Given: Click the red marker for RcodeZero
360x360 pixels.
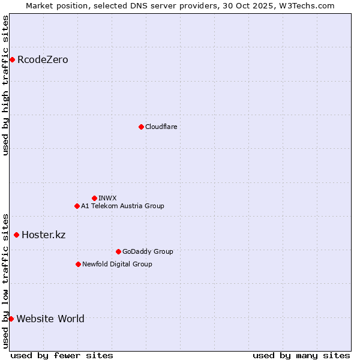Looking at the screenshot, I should [x=12, y=59].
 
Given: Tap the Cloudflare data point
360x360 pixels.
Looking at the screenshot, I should [x=141, y=127].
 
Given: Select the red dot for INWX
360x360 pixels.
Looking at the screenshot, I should [x=94, y=198].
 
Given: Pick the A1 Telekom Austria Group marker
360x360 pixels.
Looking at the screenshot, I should [x=77, y=206].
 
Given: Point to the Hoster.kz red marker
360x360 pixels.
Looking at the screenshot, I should [x=16, y=235].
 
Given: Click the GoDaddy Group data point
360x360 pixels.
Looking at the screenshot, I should [x=118, y=251].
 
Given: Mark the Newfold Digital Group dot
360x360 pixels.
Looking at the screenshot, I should [x=78, y=264].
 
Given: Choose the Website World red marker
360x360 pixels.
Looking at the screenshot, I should [x=11, y=319].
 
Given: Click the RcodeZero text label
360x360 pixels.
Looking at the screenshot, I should [x=43, y=59].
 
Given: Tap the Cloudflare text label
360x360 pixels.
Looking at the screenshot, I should [x=161, y=127].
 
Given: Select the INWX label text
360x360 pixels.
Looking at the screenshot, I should [x=107, y=198].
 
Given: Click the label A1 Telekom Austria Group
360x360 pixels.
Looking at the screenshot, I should [x=122, y=206].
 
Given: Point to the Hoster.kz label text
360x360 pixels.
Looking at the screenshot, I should [x=43, y=235].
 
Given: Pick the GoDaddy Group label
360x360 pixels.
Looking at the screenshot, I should [x=148, y=251].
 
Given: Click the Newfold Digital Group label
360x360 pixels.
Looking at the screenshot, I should [x=117, y=264].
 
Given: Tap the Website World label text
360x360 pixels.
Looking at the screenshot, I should [x=50, y=319].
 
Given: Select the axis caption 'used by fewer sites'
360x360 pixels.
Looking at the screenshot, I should [x=62, y=355].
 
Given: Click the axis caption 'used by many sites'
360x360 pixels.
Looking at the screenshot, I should [x=301, y=355].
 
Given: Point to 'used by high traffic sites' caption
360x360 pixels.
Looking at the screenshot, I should [x=5, y=85].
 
